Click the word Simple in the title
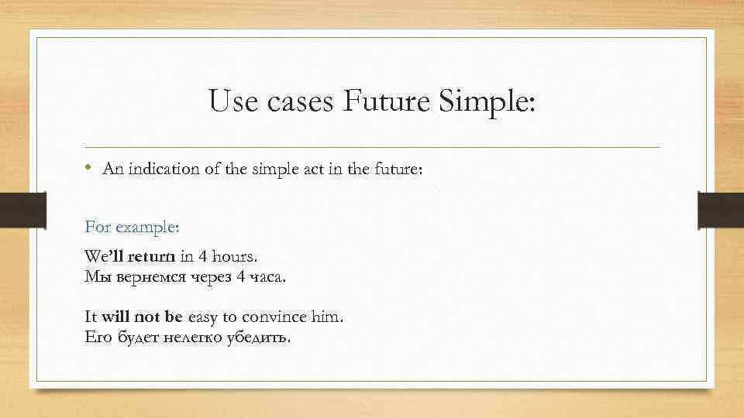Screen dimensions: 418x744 (490, 102)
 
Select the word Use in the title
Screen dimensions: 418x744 (232, 102)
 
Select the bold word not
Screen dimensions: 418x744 (147, 317)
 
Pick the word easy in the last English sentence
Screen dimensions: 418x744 (204, 317)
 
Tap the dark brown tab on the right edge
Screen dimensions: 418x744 (720, 211)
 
